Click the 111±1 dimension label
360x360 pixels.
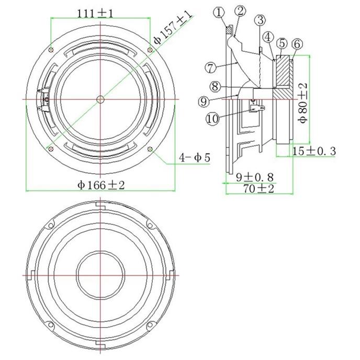click(x=95, y=14)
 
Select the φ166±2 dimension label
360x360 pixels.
click(x=101, y=185)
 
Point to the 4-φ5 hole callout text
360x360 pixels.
click(x=195, y=158)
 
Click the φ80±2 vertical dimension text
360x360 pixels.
click(x=303, y=103)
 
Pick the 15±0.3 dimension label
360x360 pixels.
click(x=314, y=151)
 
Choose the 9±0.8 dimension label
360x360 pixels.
click(x=255, y=177)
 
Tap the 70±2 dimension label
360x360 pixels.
click(x=258, y=189)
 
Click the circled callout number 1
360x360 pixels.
click(x=220, y=13)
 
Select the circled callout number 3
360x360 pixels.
click(x=260, y=20)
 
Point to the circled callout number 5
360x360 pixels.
click(x=282, y=43)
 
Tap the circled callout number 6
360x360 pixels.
click(x=297, y=44)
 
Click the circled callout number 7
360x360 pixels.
click(x=211, y=67)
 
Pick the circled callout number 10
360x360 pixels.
click(x=212, y=119)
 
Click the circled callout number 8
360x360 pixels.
click(x=215, y=86)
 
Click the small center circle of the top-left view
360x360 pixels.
click(x=100, y=99)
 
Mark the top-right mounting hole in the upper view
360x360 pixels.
click(x=150, y=50)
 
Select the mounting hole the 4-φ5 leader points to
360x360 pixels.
click(x=150, y=149)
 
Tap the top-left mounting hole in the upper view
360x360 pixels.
click(x=51, y=50)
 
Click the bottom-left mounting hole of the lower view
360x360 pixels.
click(x=51, y=325)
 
